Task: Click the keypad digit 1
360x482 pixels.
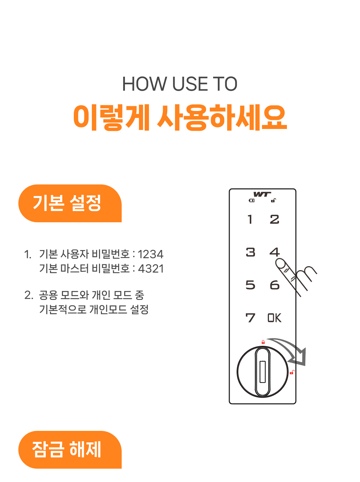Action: [250, 219]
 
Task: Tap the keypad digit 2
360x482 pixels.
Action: [274, 219]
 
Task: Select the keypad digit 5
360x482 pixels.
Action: [250, 285]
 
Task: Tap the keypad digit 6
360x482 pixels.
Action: [275, 285]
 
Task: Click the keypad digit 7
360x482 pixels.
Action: [250, 318]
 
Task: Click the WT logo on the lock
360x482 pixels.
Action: [262, 194]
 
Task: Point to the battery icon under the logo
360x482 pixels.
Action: [252, 201]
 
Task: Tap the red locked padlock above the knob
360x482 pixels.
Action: [263, 342]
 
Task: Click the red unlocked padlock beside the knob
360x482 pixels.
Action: [292, 372]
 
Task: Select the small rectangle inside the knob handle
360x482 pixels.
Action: [262, 371]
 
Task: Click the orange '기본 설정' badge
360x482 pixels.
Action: [70, 203]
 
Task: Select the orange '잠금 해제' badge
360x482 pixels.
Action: [70, 450]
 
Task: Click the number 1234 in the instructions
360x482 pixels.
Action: [150, 254]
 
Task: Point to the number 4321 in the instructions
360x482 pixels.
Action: [151, 269]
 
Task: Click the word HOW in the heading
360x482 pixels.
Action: [144, 84]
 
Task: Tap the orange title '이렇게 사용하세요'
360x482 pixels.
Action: [180, 117]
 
